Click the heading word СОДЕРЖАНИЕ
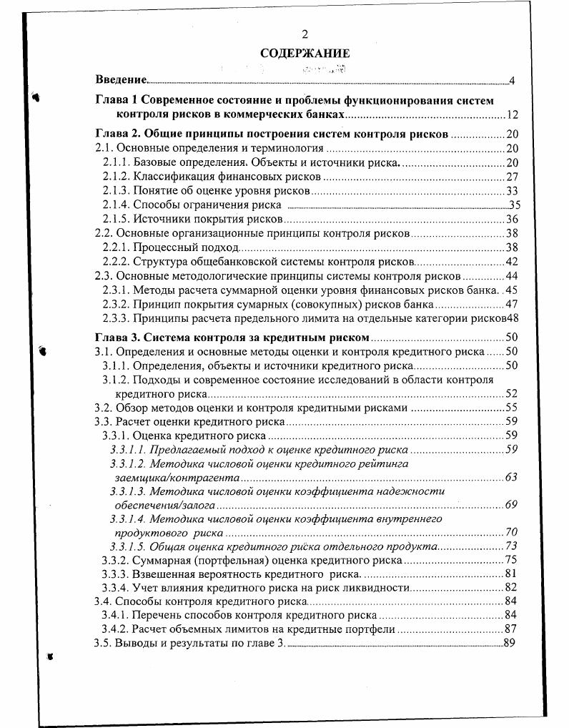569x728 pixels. click(305, 53)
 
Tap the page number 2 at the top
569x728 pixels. click(305, 34)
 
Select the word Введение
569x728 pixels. click(121, 79)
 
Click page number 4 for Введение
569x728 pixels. click(513, 80)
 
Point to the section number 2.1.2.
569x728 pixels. click(116, 177)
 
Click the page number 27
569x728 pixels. click(512, 177)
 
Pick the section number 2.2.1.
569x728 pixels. click(116, 247)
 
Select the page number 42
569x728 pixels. click(512, 261)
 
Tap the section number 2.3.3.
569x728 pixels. click(116, 318)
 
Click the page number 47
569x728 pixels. click(512, 304)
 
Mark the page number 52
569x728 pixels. click(511, 393)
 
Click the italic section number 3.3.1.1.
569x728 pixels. click(128, 449)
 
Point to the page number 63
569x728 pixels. click(510, 477)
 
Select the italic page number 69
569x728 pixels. click(510, 505)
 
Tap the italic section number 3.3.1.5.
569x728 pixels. click(128, 546)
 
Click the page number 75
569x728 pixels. click(510, 560)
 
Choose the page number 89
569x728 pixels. click(509, 643)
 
